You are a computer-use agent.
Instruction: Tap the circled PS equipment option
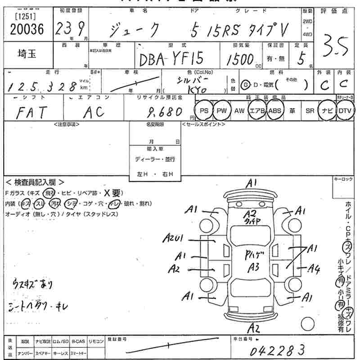[x=203, y=111]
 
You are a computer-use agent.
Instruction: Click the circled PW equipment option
[x=221, y=111]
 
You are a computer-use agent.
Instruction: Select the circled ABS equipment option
[x=274, y=111]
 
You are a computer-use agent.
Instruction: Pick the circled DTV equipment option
[x=345, y=111]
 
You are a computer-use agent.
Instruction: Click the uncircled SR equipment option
[x=309, y=111]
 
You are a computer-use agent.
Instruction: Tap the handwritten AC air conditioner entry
[x=94, y=112]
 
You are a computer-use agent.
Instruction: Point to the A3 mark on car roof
[x=254, y=267]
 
